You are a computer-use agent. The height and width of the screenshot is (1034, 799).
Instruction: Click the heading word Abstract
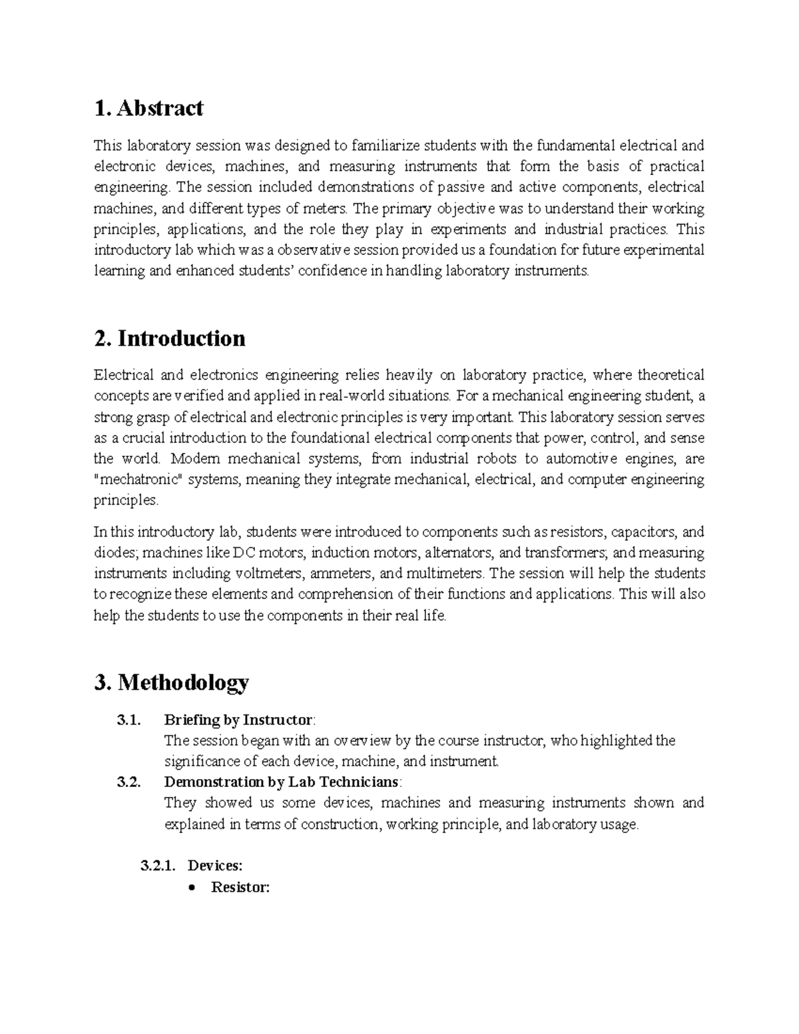tap(160, 108)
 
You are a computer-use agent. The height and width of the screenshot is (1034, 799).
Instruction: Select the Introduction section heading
tap(181, 338)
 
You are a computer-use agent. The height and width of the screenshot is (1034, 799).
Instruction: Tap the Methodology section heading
tap(183, 682)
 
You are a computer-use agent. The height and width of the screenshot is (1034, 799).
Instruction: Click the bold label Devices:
tap(215, 866)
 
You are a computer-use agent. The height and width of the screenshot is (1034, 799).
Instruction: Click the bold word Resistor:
tap(240, 887)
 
